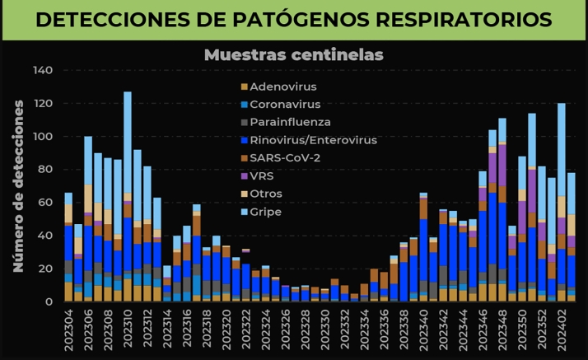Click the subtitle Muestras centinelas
[294, 55]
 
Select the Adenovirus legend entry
[282, 86]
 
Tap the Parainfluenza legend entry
[289, 123]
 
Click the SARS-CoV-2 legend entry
[284, 158]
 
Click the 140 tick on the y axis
[43, 71]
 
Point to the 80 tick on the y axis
[45, 170]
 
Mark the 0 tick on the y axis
[49, 302]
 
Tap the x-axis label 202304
[69, 329]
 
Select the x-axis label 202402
[562, 329]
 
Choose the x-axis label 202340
[423, 329]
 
